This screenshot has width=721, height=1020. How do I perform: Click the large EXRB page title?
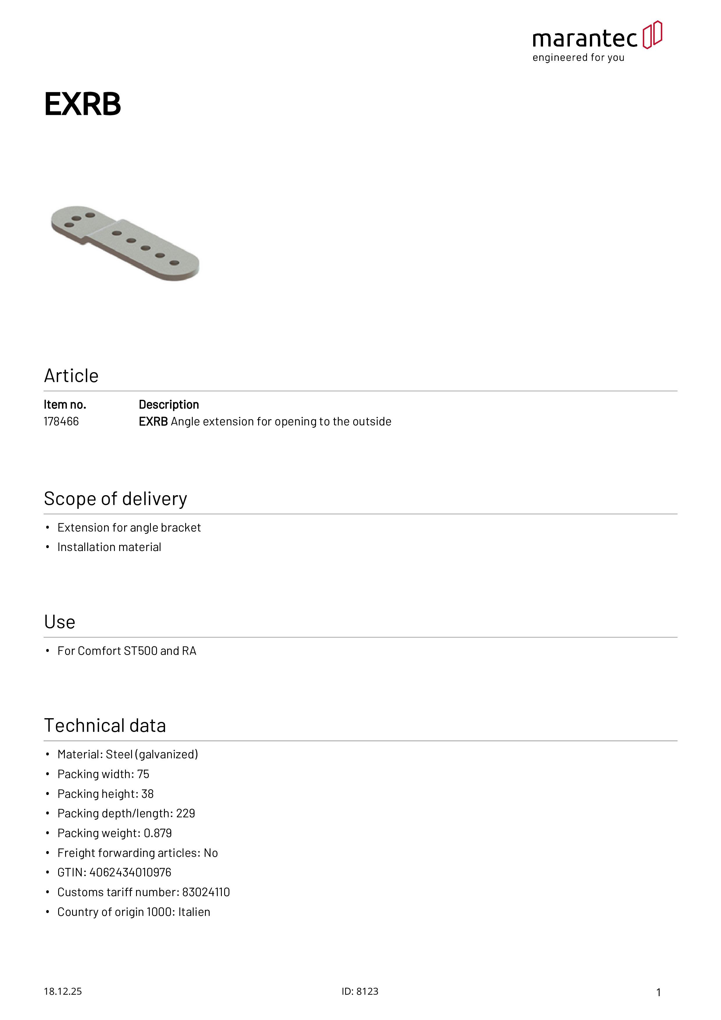point(83,104)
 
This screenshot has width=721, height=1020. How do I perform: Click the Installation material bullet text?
point(109,547)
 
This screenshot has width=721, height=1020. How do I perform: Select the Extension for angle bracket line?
point(129,527)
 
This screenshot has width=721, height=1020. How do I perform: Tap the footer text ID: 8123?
point(360,991)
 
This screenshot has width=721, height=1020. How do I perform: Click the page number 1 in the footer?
point(658,992)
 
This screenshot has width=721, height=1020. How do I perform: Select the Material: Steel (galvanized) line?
point(128,754)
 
